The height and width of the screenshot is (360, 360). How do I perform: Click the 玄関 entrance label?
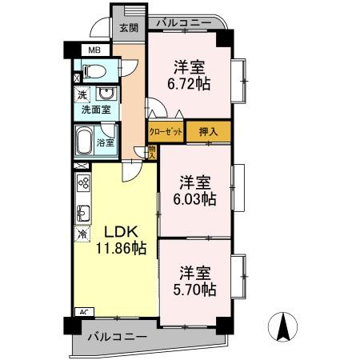point(129,28)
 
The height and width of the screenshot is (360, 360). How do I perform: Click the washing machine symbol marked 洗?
point(82,95)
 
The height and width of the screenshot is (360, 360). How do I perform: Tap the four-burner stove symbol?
point(82,183)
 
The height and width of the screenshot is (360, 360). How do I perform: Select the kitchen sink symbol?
point(82,213)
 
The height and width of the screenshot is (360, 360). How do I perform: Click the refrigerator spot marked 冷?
point(82,235)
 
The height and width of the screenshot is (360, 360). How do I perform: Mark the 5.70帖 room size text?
point(195,288)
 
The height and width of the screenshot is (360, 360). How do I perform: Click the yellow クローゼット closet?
point(166,131)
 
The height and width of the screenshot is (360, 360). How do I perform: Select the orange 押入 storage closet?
point(209,131)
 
